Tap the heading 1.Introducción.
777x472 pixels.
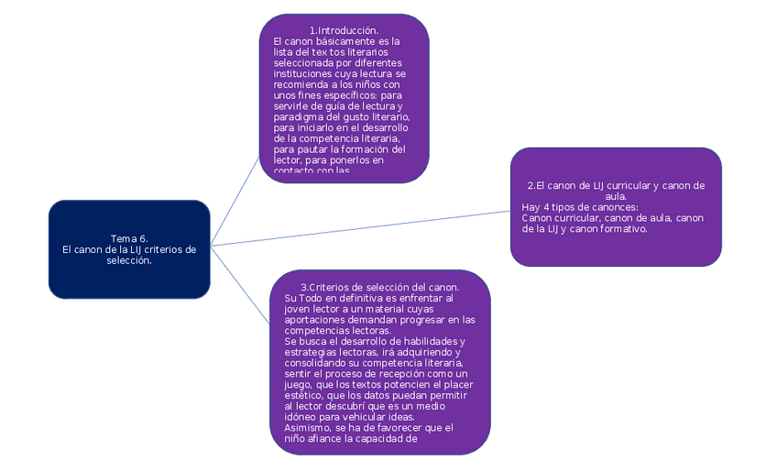(x=344, y=31)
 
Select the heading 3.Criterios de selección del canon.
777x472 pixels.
(x=380, y=287)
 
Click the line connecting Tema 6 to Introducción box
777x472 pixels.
(x=235, y=201)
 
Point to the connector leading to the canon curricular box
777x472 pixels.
(x=367, y=227)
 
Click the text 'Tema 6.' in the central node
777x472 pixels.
(x=129, y=238)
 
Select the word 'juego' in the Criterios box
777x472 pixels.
(x=301, y=385)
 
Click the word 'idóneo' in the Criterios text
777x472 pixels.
(x=301, y=417)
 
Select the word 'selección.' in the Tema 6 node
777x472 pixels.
(x=129, y=260)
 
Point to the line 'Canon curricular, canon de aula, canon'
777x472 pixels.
(x=612, y=218)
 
